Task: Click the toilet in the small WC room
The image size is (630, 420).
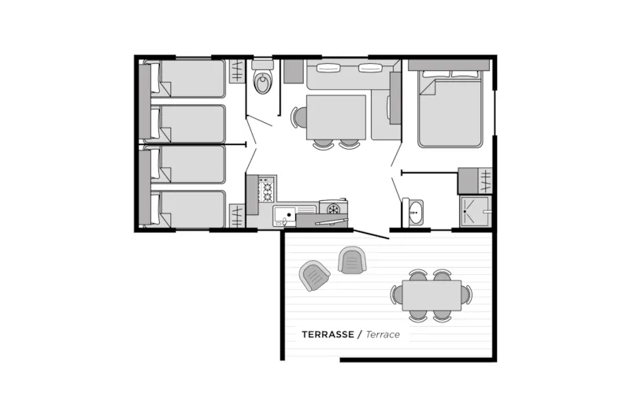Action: pos(263,80)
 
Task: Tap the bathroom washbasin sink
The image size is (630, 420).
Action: pos(414,211)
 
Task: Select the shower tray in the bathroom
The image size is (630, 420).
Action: pos(475,211)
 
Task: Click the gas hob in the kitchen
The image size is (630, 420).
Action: pos(266,190)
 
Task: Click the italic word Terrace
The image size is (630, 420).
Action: pos(383,334)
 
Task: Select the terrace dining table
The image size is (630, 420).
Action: pos(432,295)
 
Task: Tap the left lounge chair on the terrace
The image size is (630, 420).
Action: pos(315,275)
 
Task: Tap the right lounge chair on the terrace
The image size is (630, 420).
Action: pos(353,259)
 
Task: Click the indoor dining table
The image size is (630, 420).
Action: pos(335,117)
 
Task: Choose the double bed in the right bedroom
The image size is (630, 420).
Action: pos(449,110)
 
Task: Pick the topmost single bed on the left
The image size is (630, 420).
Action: pos(189,79)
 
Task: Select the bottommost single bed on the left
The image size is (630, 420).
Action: pos(189,210)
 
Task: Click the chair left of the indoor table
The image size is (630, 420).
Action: pos(299,117)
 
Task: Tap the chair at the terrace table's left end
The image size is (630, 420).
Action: pos(398,295)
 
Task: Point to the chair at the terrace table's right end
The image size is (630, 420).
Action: pos(466,295)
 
